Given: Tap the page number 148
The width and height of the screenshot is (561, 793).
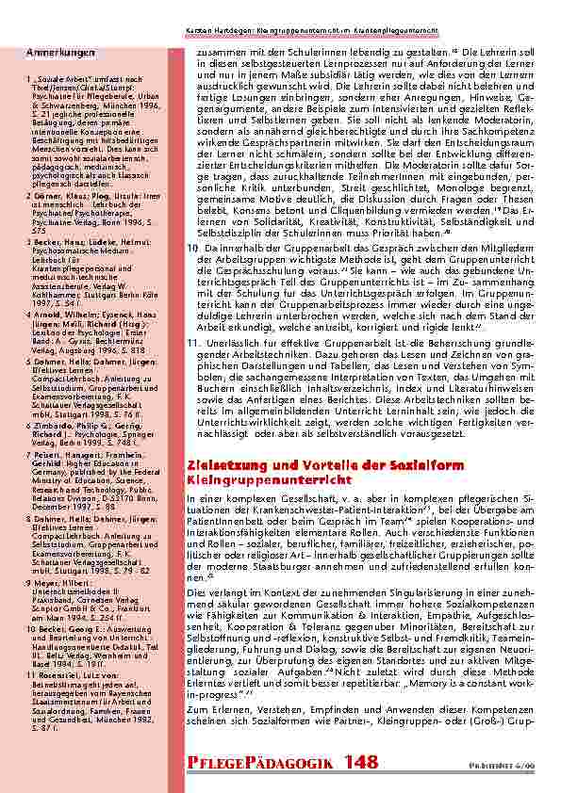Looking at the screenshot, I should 361,762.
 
